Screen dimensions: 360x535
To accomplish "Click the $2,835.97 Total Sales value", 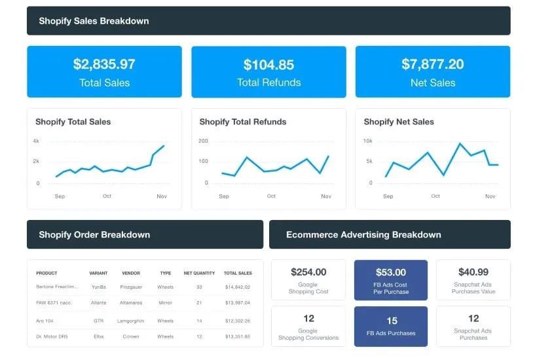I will (x=104, y=64).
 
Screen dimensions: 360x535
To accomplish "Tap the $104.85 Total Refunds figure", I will (x=268, y=64).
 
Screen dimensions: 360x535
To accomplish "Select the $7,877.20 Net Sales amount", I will (x=432, y=64).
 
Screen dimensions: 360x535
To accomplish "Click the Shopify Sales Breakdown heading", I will (x=94, y=21).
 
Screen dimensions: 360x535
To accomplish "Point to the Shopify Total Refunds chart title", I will (x=242, y=122).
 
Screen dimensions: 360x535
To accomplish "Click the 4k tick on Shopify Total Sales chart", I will (x=37, y=141).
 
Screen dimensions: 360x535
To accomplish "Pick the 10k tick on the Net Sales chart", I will (x=367, y=141).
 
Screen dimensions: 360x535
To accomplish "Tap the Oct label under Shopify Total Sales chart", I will (x=107, y=196).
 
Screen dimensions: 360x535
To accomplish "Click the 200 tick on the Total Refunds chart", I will (x=203, y=141).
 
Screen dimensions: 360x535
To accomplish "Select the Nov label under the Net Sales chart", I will (x=490, y=196).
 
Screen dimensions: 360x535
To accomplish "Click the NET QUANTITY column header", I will (x=199, y=273).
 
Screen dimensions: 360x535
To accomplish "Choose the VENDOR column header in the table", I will (x=131, y=273).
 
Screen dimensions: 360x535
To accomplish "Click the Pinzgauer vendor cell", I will (x=131, y=287).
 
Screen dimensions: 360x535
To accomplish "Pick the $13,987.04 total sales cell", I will (x=238, y=302).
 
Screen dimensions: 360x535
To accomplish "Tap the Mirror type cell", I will (x=165, y=302).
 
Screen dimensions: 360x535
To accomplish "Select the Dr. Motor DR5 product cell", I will (x=52, y=336).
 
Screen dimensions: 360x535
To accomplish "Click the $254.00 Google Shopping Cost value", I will (x=308, y=272).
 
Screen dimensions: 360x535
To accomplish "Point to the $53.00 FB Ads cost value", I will (x=391, y=272).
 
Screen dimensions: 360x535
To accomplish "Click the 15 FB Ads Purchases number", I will (x=392, y=321).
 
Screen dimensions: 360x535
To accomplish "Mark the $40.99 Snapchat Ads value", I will (x=473, y=272).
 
